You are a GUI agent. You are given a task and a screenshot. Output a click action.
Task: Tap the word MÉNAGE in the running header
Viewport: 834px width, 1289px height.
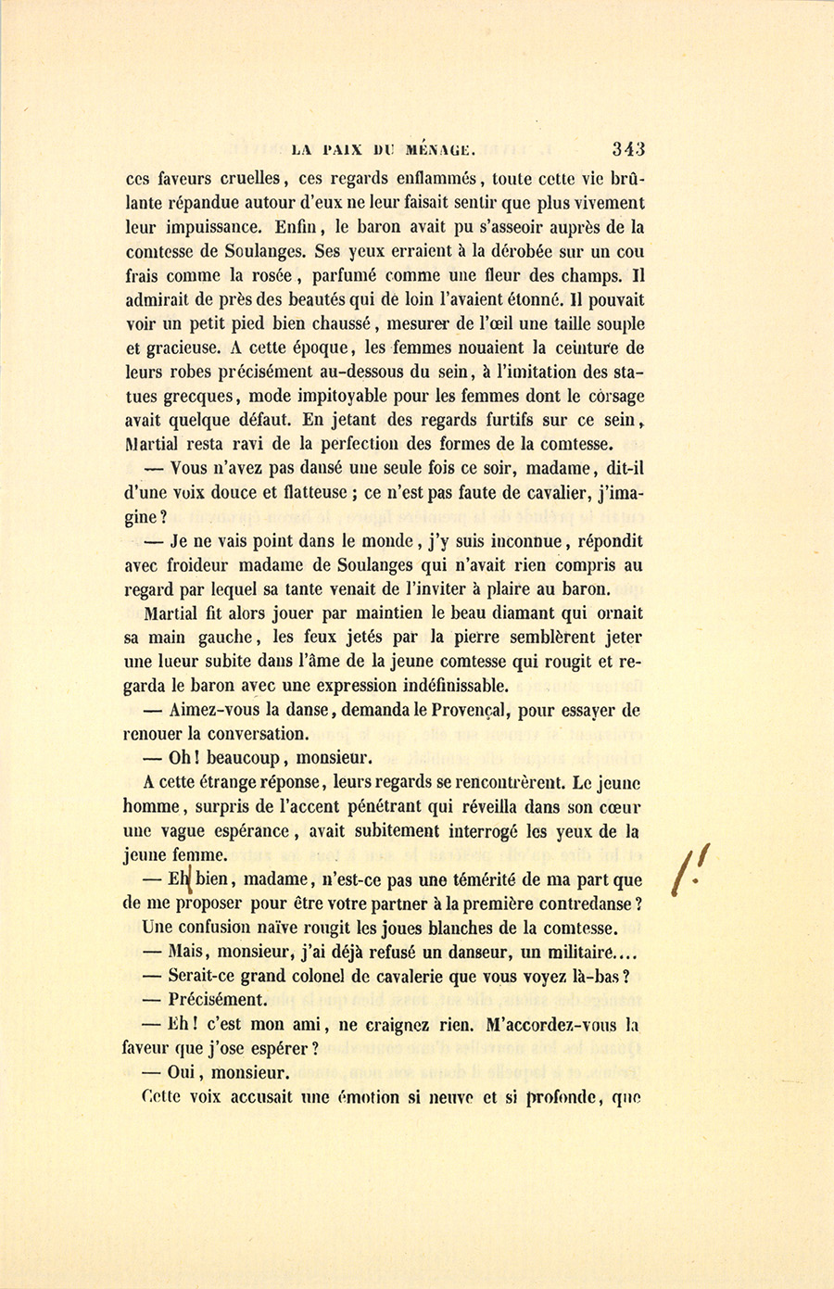pyautogui.click(x=441, y=148)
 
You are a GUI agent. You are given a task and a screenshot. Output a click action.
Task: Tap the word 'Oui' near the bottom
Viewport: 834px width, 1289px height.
pyautogui.click(x=185, y=1073)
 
